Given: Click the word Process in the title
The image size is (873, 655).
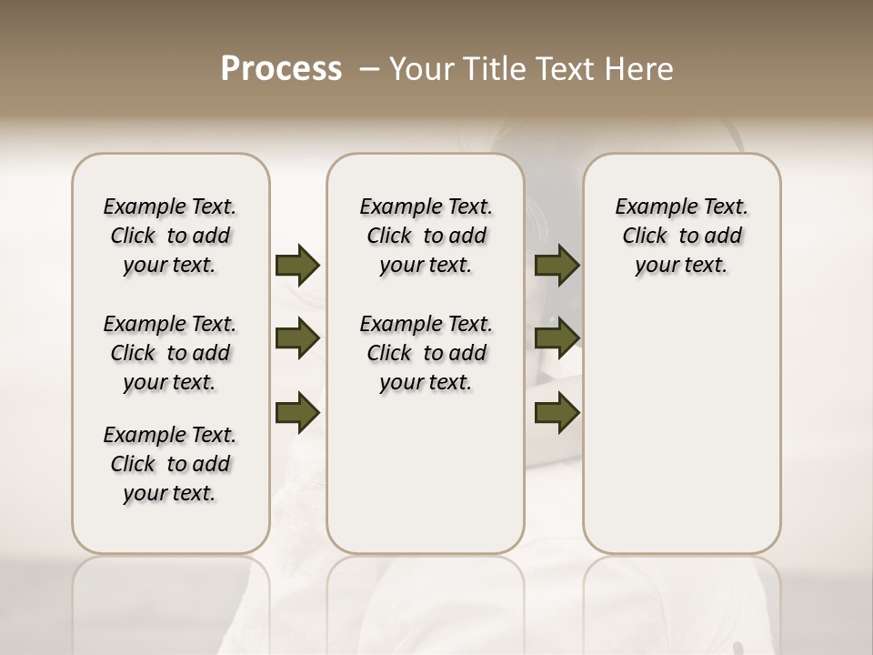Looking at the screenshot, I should [x=281, y=69].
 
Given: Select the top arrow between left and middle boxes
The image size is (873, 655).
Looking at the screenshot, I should [x=297, y=265].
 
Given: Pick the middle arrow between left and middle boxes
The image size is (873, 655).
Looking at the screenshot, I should [x=297, y=338].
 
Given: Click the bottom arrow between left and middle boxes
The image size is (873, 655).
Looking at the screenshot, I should [x=297, y=412].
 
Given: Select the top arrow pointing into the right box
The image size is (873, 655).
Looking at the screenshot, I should [x=557, y=265].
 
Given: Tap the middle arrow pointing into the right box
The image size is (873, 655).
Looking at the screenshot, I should [x=557, y=338].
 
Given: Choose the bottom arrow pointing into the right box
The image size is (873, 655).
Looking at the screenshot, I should [x=557, y=412].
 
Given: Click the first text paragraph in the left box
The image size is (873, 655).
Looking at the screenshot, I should [x=170, y=236].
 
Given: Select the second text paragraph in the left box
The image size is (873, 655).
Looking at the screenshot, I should [x=170, y=353].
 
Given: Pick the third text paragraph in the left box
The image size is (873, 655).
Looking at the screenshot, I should [x=170, y=464].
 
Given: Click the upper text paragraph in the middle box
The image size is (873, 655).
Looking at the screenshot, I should [x=426, y=236].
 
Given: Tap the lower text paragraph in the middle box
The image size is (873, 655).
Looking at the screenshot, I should [x=426, y=353].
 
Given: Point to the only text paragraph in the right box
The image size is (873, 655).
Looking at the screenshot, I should [x=681, y=236].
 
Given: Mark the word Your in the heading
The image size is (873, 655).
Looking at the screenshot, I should [x=420, y=69].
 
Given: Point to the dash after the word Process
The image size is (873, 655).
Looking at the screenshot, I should [x=368, y=69].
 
